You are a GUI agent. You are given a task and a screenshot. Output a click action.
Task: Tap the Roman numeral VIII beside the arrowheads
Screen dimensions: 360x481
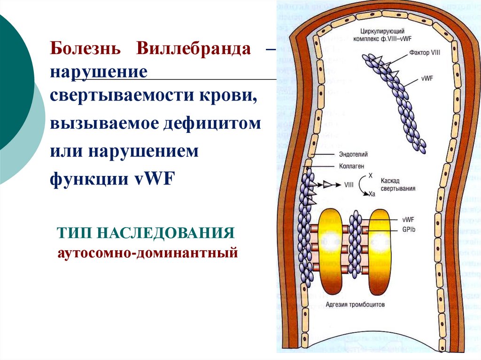pyautogui.click(x=349, y=184)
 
